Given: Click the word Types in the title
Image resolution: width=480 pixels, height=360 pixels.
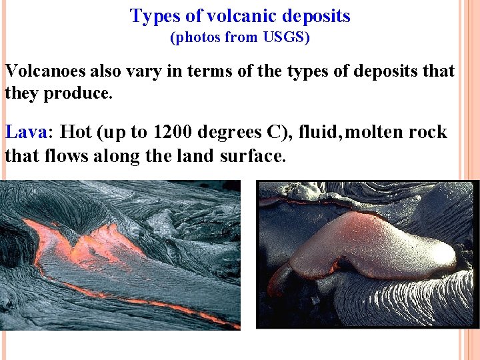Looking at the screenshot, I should point(152,16).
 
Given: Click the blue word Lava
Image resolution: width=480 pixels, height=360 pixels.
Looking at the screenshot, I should point(25,132).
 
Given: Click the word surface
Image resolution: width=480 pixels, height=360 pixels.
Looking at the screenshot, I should point(257,157).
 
